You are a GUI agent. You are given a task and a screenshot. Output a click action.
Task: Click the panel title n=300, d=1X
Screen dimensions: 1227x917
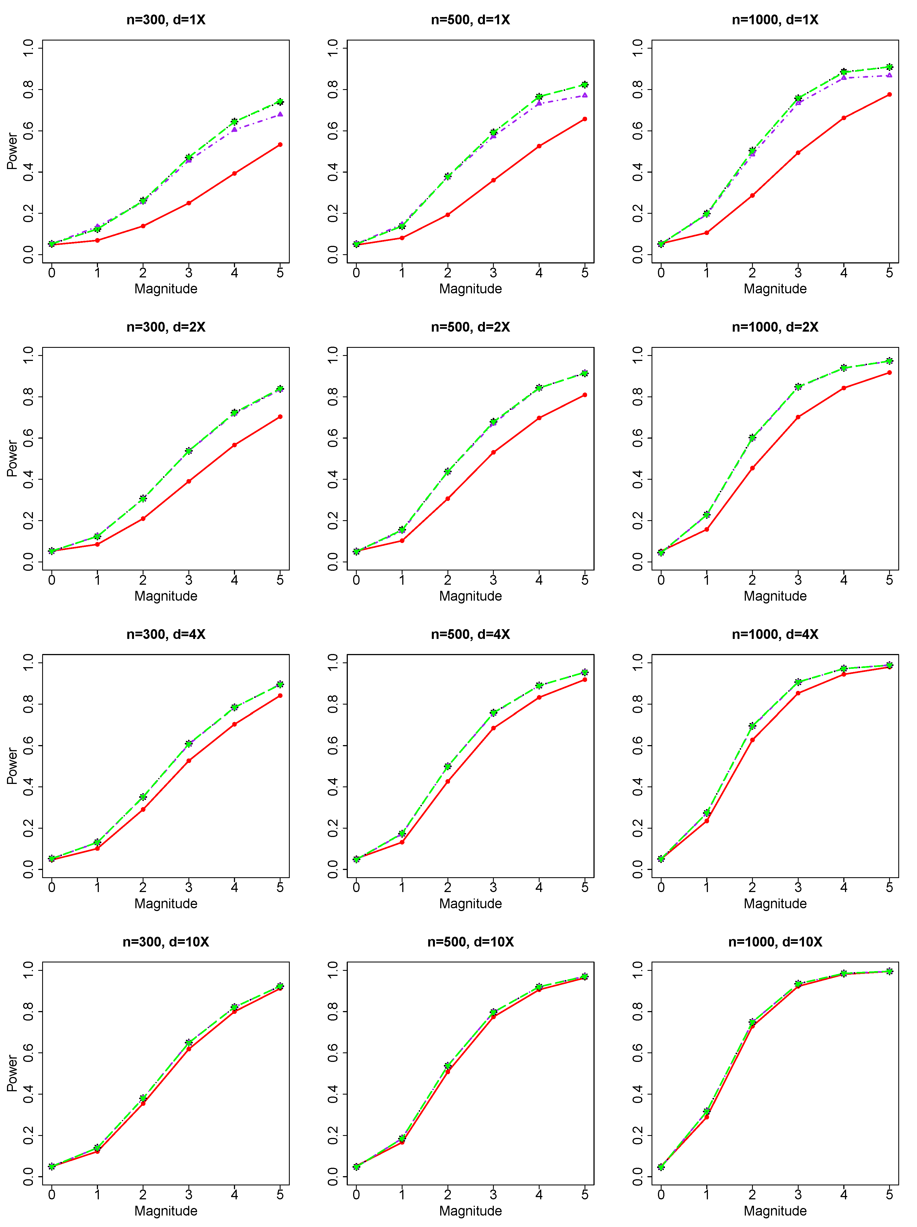click(x=166, y=20)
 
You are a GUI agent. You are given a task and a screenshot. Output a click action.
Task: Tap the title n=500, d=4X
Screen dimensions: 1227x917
click(x=470, y=634)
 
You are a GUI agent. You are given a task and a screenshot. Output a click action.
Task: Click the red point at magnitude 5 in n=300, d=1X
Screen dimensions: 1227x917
click(x=280, y=145)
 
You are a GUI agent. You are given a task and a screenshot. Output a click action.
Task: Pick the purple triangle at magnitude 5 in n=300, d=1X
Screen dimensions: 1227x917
click(x=280, y=114)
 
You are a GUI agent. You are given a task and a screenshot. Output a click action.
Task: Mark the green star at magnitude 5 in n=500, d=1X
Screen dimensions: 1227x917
click(x=584, y=85)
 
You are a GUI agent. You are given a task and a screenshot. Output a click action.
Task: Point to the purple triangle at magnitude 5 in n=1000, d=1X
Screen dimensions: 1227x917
click(x=889, y=75)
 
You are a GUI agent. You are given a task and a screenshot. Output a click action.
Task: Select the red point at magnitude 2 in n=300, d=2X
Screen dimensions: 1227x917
click(x=143, y=519)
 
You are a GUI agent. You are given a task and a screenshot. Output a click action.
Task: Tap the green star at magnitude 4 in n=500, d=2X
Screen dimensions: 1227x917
click(x=539, y=388)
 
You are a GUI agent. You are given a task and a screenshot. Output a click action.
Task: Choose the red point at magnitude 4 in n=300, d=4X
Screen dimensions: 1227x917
click(x=234, y=724)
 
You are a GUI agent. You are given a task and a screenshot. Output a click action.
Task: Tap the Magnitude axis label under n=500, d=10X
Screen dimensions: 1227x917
click(x=470, y=1211)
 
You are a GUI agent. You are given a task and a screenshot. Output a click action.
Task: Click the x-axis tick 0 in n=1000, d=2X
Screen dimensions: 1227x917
click(x=661, y=580)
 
